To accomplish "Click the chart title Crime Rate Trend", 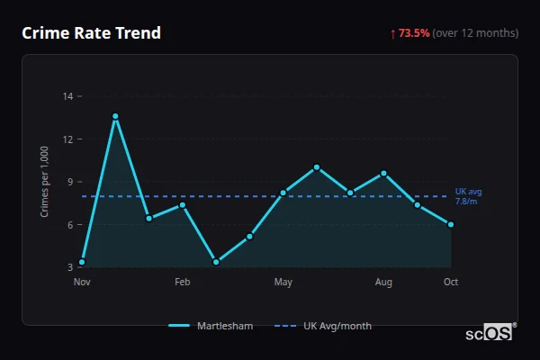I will click(x=92, y=33).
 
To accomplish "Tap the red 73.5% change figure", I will click(x=414, y=33).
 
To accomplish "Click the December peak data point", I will click(x=115, y=116).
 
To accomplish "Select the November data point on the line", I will click(x=82, y=262).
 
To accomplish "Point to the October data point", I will click(x=451, y=224).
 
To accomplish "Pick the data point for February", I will click(x=183, y=204).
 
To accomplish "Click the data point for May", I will click(x=283, y=193).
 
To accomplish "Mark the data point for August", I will click(x=384, y=173).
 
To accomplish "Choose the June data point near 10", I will click(x=317, y=166).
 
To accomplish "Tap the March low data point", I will click(x=216, y=262).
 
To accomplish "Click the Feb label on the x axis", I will click(x=183, y=283).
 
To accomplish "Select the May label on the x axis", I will click(x=283, y=283).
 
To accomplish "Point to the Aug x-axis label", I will click(x=384, y=283).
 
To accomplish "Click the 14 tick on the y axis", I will click(x=68, y=96).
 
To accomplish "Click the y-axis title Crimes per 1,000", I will click(x=45, y=182).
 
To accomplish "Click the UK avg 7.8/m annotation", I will click(x=468, y=196).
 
